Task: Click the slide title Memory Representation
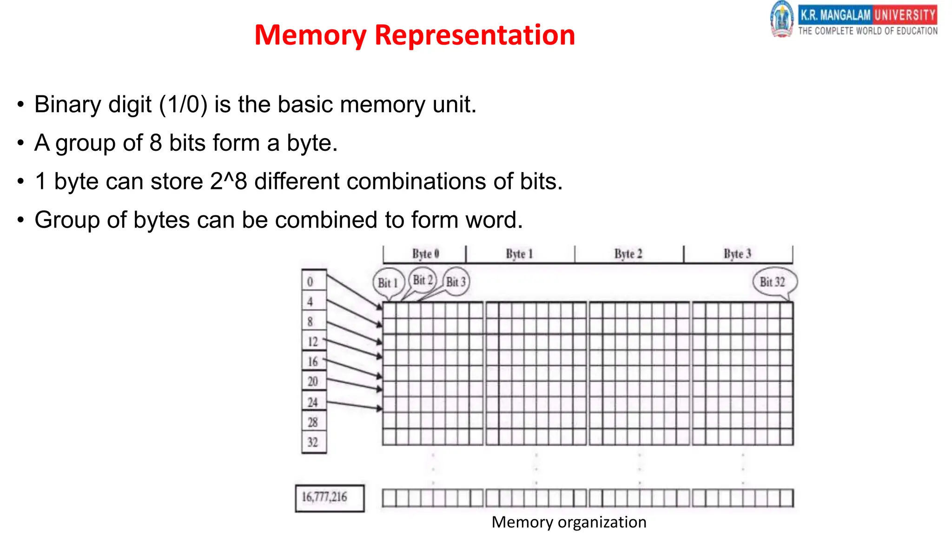point(415,35)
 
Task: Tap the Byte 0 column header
point(425,254)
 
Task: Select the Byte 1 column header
point(519,254)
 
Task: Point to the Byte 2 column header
point(628,254)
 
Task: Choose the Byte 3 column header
point(737,254)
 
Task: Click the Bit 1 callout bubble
point(388,282)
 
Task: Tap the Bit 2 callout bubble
point(423,280)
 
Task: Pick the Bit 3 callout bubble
point(456,282)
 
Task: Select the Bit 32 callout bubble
point(773,282)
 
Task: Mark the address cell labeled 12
point(313,342)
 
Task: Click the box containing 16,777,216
point(329,498)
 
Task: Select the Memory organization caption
point(569,522)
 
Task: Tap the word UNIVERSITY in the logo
point(905,15)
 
